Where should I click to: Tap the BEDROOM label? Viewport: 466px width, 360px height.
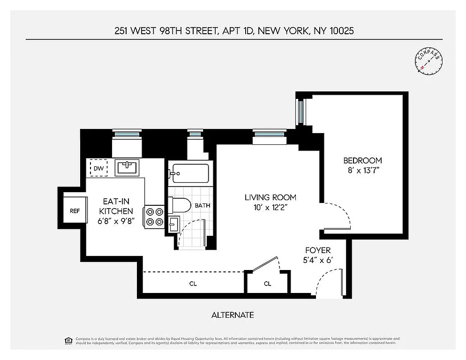point(362,160)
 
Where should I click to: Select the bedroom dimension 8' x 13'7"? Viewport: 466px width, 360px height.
point(362,171)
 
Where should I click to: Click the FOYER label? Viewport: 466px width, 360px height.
point(318,250)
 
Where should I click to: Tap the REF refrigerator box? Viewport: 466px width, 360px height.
point(75,211)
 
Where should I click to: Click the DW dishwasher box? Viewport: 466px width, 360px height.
point(98,168)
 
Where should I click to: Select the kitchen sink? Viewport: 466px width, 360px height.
point(126,167)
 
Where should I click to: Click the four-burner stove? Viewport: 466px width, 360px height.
point(154,217)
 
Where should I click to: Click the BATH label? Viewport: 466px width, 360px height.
point(203,205)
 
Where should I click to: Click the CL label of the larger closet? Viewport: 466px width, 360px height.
point(193,284)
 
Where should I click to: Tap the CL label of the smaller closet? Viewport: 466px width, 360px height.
point(267,284)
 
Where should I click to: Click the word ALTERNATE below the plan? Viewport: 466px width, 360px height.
point(233,315)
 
